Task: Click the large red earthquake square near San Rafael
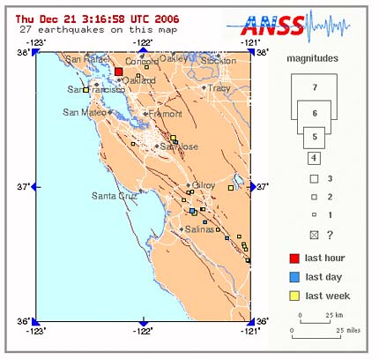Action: pyautogui.click(x=118, y=72)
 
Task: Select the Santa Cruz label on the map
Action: pyautogui.click(x=114, y=195)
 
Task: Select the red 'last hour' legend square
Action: pyautogui.click(x=295, y=259)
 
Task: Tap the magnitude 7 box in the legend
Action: pyautogui.click(x=314, y=86)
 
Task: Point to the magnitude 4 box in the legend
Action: pyautogui.click(x=314, y=159)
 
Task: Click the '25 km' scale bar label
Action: pyautogui.click(x=333, y=314)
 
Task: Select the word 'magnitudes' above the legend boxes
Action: pyautogui.click(x=314, y=58)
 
